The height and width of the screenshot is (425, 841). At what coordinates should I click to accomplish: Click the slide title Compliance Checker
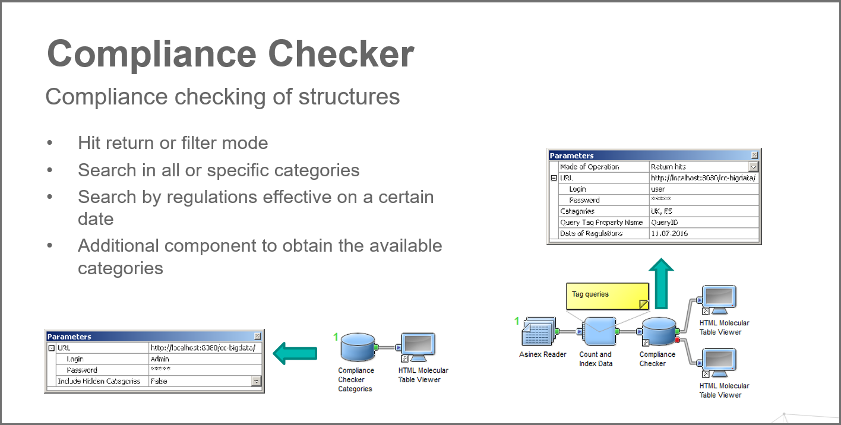click(230, 54)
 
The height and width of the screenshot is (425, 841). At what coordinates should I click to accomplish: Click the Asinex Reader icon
click(539, 331)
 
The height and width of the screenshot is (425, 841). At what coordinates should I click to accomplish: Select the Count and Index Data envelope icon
click(599, 331)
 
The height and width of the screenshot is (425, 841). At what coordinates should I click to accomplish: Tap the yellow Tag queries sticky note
click(606, 296)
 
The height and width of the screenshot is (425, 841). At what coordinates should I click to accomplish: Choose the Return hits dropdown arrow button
click(754, 167)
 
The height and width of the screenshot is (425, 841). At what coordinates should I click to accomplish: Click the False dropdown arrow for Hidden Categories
click(257, 382)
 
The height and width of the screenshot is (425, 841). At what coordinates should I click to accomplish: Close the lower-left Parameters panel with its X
click(257, 337)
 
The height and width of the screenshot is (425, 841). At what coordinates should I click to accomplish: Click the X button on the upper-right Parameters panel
click(754, 156)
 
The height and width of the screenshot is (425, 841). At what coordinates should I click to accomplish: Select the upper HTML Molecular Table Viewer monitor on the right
click(719, 300)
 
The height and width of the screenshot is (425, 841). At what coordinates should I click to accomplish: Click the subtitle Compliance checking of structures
click(222, 96)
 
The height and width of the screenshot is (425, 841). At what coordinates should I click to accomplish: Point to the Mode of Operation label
click(590, 167)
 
